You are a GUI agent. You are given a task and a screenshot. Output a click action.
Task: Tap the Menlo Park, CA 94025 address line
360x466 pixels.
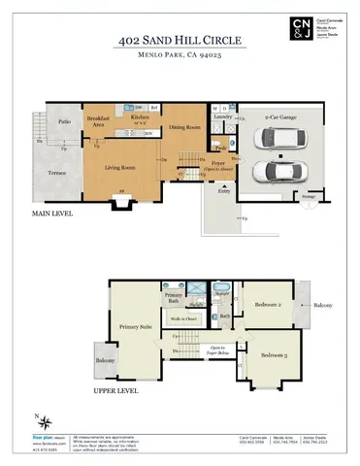(x=180, y=58)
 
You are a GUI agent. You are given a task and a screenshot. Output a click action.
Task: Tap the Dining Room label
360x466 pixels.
(x=184, y=127)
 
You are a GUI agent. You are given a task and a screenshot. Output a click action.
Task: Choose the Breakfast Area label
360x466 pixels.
(x=97, y=122)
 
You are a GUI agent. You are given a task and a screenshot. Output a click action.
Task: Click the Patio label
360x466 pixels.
(x=64, y=122)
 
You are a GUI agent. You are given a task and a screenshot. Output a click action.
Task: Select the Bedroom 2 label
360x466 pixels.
(x=269, y=304)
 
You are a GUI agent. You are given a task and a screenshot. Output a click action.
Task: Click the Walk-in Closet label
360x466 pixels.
(x=184, y=317)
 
